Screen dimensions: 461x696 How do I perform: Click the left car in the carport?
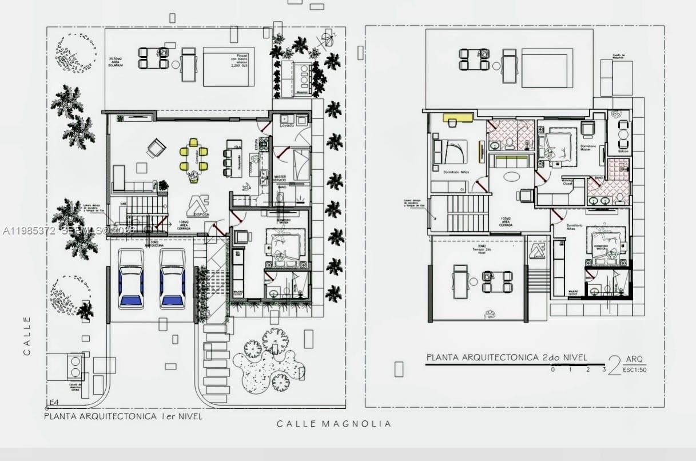[x=131, y=279]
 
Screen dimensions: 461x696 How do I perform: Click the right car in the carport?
[x=172, y=279]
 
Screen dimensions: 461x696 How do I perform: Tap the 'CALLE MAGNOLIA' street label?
[x=334, y=424]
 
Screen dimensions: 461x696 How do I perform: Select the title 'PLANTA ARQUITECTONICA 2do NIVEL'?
[x=507, y=357]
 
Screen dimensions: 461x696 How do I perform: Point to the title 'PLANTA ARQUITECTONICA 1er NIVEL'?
[x=123, y=416]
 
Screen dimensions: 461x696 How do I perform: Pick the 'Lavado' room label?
[x=287, y=125]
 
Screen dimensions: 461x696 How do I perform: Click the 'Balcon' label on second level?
[x=623, y=151]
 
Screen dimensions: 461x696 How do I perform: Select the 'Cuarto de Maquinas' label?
[x=622, y=57]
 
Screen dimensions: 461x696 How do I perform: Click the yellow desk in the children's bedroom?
[x=458, y=118]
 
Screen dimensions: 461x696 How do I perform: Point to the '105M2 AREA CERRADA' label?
[x=505, y=222]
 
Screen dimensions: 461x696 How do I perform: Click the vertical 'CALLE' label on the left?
[x=27, y=336]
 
